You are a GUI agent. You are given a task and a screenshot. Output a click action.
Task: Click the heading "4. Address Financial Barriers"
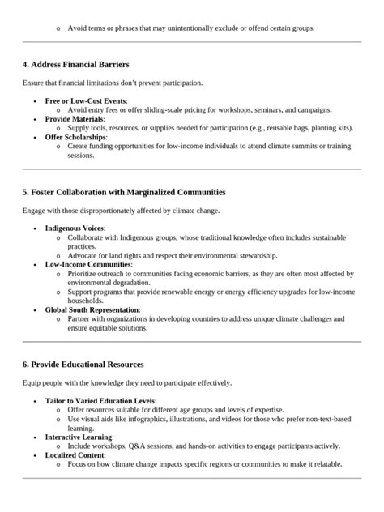(75, 64)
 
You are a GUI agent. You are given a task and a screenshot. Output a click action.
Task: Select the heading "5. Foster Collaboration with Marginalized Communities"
(124, 192)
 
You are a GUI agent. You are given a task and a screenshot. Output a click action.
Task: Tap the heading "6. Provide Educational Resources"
(83, 364)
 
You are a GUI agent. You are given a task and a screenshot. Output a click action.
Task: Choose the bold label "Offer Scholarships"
(75, 137)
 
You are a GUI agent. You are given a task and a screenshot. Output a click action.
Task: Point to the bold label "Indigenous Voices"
(75, 228)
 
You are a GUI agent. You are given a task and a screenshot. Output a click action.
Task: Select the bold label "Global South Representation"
(92, 309)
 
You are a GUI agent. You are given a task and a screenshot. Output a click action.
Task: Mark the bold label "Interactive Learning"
(79, 437)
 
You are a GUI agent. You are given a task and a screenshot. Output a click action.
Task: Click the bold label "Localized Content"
(75, 455)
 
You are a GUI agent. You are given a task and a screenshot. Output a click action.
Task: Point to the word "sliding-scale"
(169, 109)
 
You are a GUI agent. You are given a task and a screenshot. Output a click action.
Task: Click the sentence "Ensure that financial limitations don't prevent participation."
(113, 83)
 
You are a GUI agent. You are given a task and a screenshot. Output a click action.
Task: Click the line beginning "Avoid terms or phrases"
(190, 28)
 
